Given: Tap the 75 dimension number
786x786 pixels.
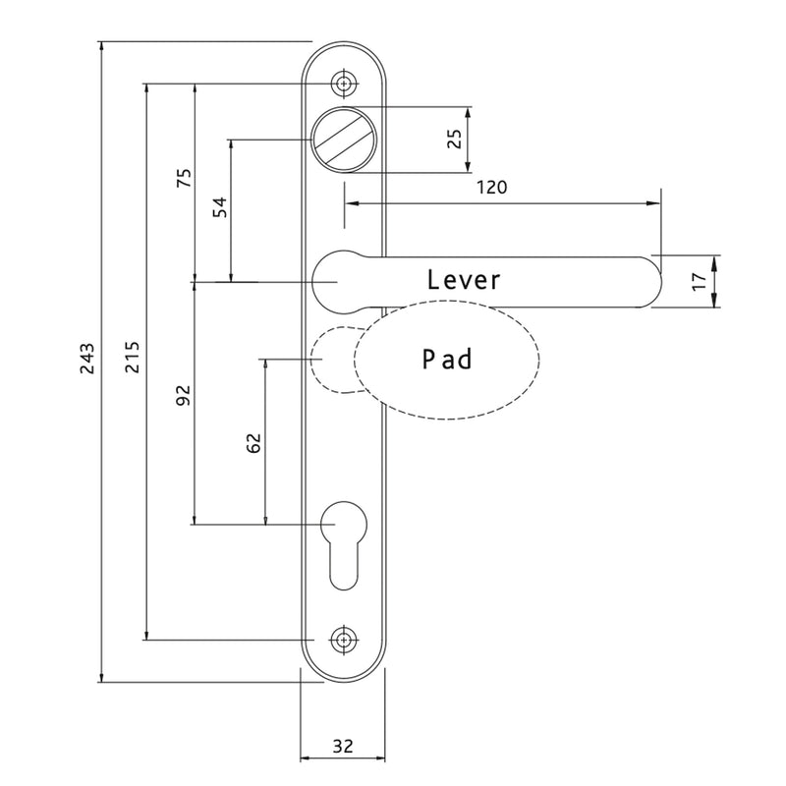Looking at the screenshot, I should tap(182, 179).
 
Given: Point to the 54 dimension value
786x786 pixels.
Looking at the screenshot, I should tap(219, 206).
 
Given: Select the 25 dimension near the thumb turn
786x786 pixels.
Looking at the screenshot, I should tap(454, 138).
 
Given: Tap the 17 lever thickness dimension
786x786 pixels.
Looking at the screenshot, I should tap(699, 281).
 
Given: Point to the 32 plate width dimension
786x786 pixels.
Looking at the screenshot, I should tap(342, 746).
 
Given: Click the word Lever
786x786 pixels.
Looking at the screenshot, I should tap(464, 280).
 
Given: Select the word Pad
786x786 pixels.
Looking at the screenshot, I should tap(447, 360).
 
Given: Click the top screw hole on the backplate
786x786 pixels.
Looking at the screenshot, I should tap(342, 84).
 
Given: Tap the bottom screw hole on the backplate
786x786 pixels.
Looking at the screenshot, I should tap(342, 640).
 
